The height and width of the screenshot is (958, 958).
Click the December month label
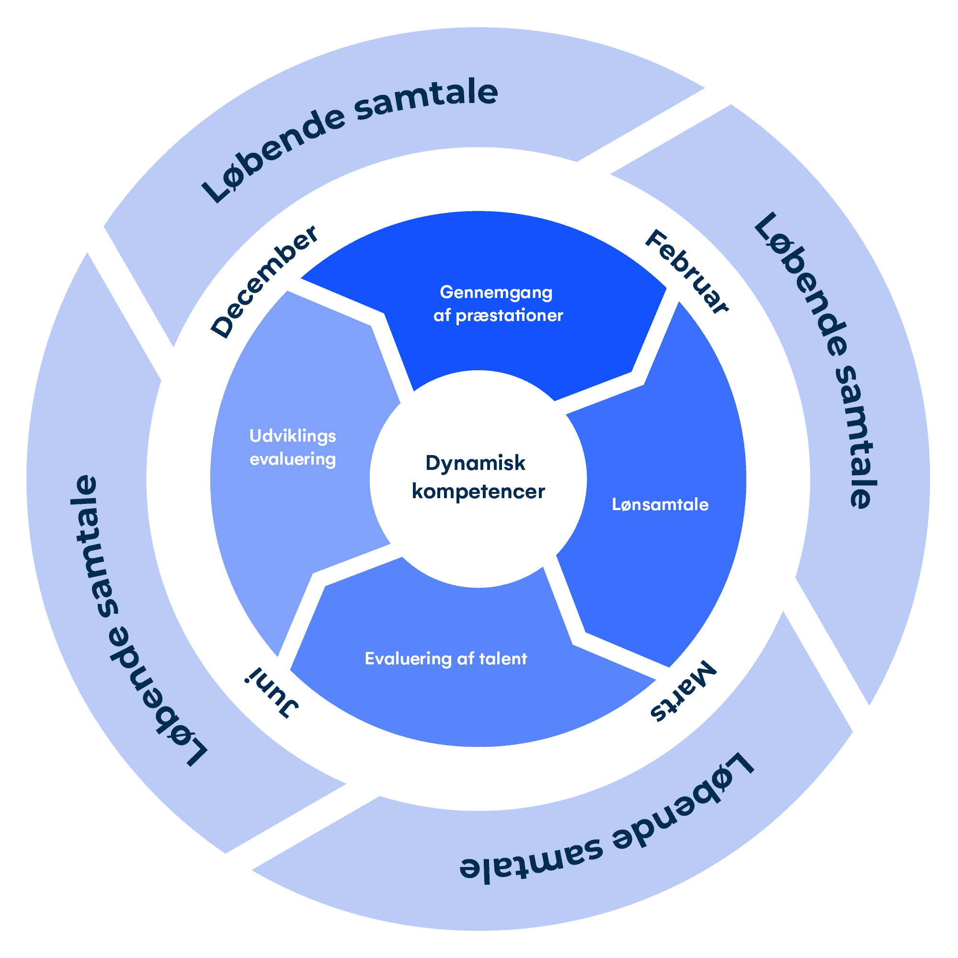[x=264, y=281]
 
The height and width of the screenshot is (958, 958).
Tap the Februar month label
[x=687, y=271]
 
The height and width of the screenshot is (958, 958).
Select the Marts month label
[x=684, y=691]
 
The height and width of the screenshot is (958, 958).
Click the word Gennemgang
[x=496, y=293]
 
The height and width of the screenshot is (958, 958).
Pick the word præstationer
[x=509, y=316]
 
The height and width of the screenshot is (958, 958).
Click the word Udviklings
[x=293, y=436]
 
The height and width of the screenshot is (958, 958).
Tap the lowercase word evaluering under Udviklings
[x=293, y=459]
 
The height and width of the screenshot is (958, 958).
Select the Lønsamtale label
[x=660, y=505]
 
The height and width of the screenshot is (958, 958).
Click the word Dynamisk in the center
[x=475, y=464]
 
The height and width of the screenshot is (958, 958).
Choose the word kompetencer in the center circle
[x=478, y=492]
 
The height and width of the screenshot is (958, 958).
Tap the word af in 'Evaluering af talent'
[x=466, y=659]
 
